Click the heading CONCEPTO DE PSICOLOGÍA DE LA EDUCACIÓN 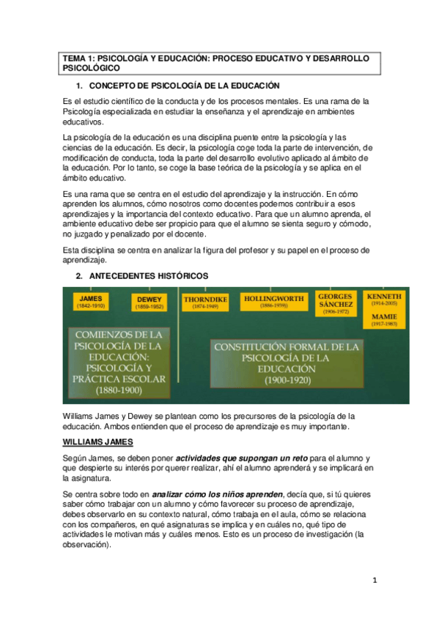click(x=183, y=86)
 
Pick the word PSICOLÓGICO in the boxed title click(x=89, y=67)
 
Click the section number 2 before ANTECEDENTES click(x=79, y=276)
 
